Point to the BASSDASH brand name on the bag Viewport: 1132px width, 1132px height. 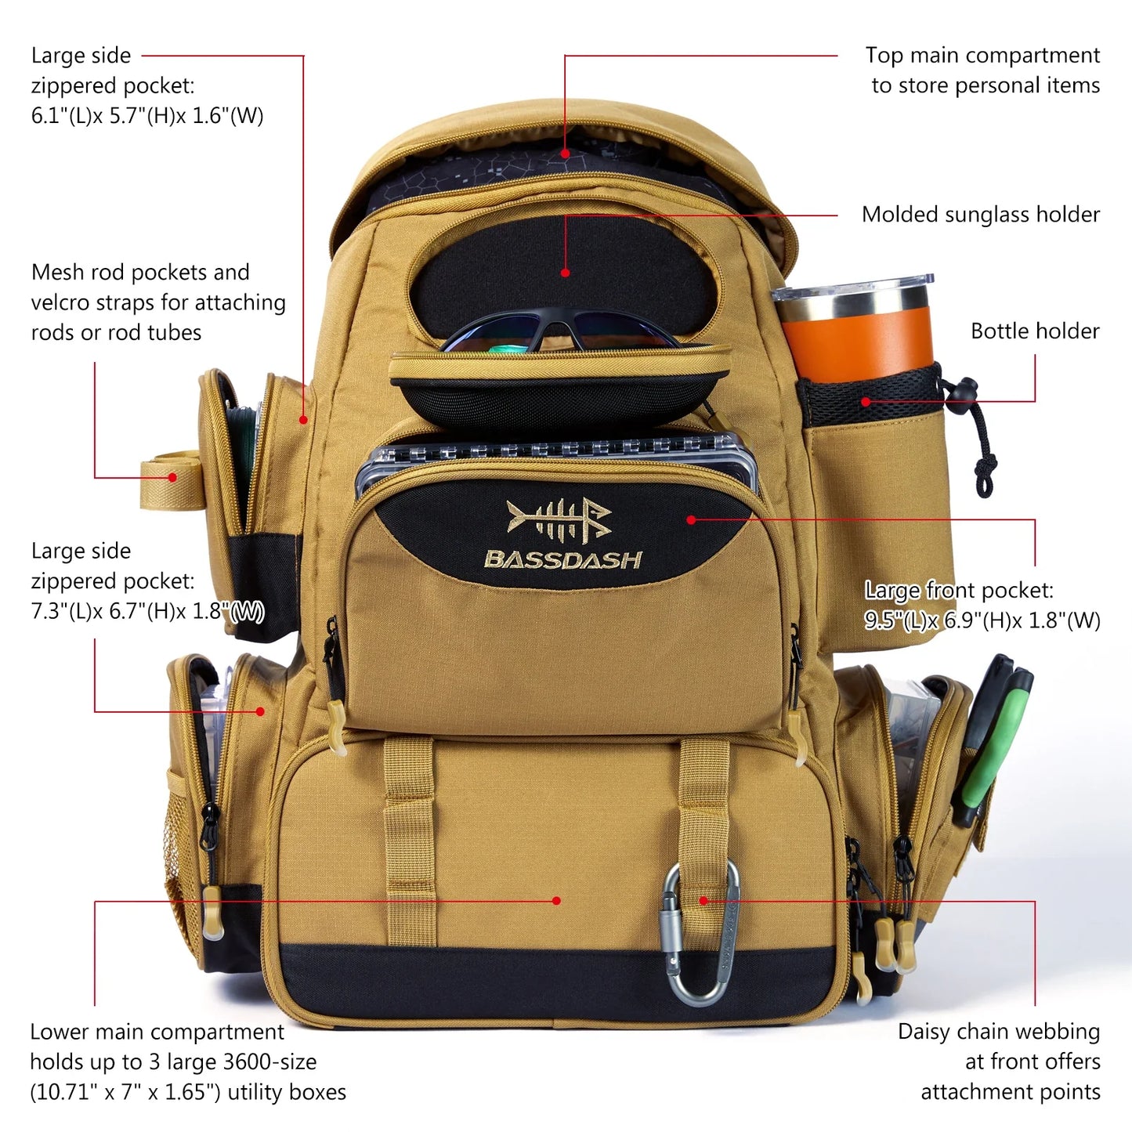tap(563, 559)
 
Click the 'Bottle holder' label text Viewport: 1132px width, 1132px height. tap(1034, 331)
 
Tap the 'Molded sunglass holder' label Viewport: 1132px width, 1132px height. tap(980, 215)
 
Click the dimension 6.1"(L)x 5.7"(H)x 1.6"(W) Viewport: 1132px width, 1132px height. tap(147, 116)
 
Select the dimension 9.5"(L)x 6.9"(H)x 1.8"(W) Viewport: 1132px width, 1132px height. tap(982, 620)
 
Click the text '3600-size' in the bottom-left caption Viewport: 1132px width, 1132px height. tap(269, 1062)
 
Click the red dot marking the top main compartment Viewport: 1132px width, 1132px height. tap(565, 154)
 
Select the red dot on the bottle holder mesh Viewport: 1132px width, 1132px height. tap(866, 402)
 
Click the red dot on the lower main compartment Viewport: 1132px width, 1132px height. tap(556, 901)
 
